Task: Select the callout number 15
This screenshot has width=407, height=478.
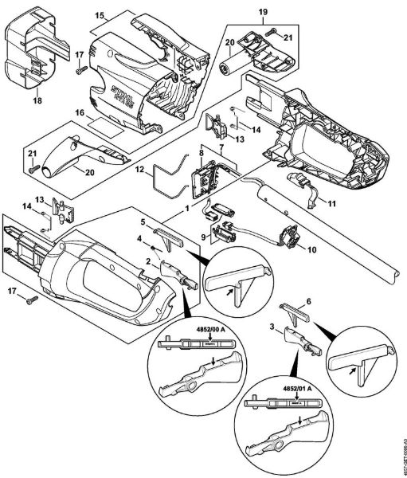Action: coord(100,15)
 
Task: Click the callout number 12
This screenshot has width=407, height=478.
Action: coord(139,169)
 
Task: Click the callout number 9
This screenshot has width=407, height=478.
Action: coord(205,236)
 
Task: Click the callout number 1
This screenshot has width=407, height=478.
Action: coord(187,207)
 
